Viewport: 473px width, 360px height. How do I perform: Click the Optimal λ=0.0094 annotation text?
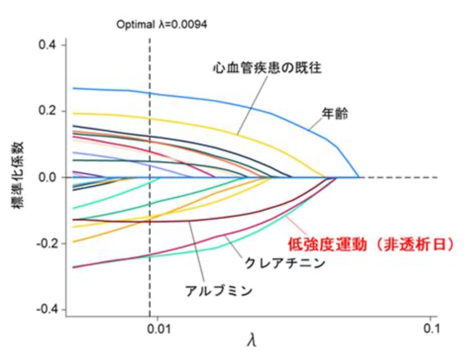point(162,25)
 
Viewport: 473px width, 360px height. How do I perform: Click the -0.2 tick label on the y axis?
point(47,243)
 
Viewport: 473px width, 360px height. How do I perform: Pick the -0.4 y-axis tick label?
point(47,309)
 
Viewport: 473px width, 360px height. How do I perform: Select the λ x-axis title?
point(251,340)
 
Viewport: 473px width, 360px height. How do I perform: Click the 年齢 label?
point(335,114)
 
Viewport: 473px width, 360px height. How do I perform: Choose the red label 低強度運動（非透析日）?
point(373,245)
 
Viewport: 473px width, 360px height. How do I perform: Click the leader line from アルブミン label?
point(197,252)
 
